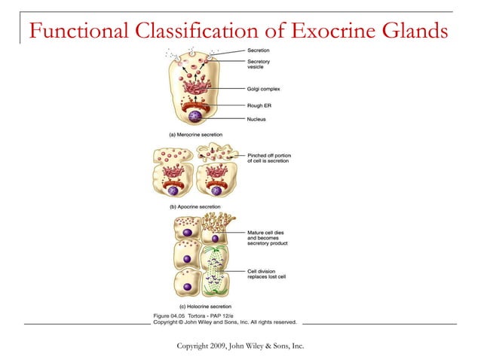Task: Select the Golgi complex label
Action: coord(265,89)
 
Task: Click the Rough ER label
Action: coord(259,105)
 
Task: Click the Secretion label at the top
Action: coord(259,50)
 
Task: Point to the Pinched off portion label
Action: coord(268,157)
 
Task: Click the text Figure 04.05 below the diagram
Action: coord(173,315)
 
